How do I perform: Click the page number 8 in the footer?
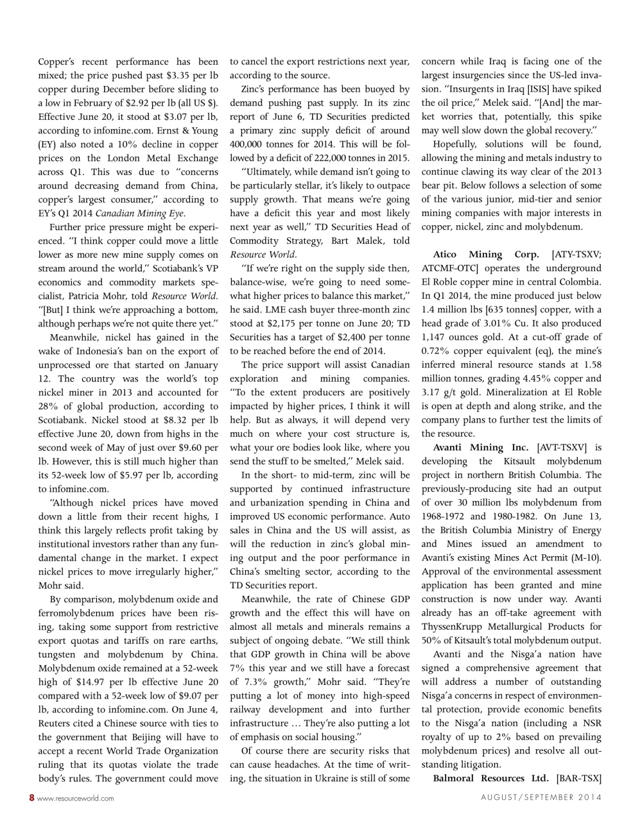(x=31, y=798)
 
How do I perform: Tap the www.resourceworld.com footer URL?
(x=76, y=799)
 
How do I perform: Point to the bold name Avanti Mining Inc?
(x=481, y=448)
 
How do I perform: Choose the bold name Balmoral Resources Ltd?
(x=490, y=779)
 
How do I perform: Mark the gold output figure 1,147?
(x=437, y=337)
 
